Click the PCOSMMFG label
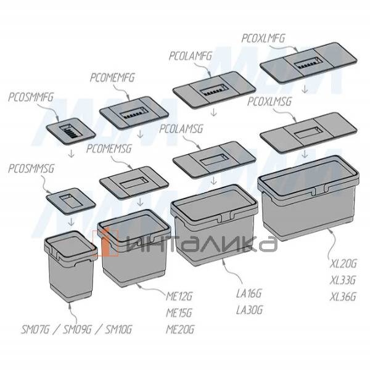click(x=31, y=97)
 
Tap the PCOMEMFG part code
click(x=112, y=78)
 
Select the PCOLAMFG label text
click(x=191, y=56)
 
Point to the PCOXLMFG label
click(x=263, y=38)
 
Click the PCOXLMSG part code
click(x=269, y=102)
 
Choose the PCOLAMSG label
click(x=181, y=129)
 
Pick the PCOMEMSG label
click(x=109, y=149)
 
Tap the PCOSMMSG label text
click(x=31, y=169)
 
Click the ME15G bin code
click(x=179, y=313)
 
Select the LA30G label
click(x=249, y=310)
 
